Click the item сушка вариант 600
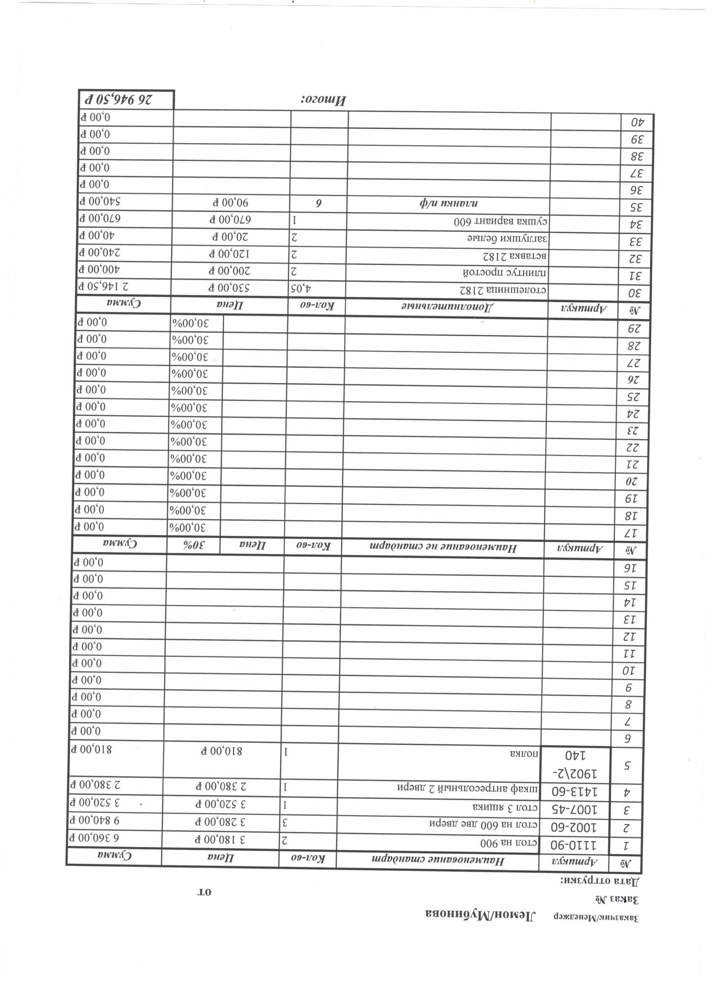tap(502, 222)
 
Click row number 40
tap(636, 123)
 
